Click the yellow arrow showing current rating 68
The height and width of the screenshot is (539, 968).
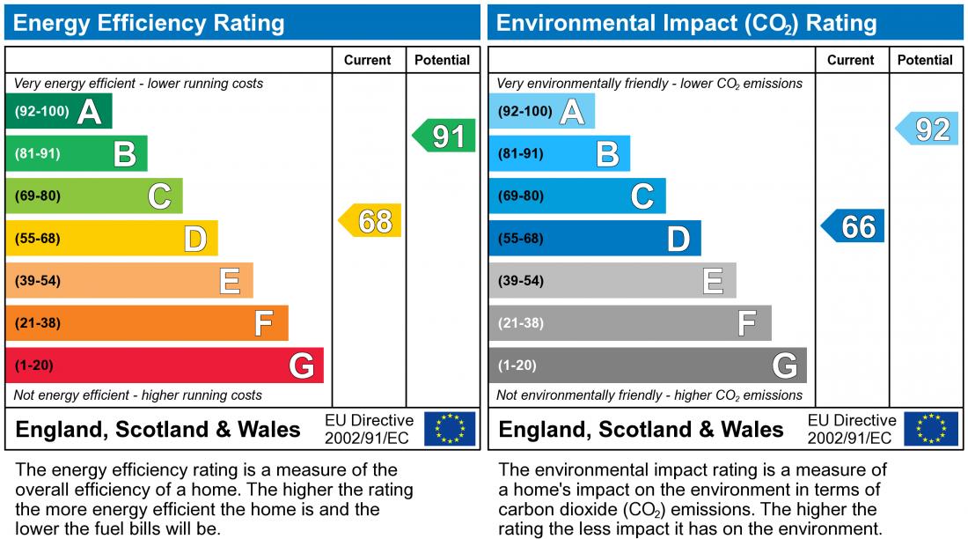370,220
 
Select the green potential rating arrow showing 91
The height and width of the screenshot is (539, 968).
444,137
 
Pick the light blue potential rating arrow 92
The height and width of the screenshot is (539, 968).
928,129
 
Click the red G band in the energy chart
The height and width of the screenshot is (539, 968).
165,365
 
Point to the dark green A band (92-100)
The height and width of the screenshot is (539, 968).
59,112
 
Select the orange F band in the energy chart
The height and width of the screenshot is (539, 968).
147,323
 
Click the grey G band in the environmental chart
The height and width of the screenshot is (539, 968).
648,365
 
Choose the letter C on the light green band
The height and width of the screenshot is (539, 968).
159,196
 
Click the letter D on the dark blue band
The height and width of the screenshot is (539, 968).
678,239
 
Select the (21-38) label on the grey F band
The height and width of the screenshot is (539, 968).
521,323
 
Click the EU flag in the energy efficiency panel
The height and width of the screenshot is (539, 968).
450,429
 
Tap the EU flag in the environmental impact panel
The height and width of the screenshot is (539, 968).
933,429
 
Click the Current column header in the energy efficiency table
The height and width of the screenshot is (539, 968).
368,60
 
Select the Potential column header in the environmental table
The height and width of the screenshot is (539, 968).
925,60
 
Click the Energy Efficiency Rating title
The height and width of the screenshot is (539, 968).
150,23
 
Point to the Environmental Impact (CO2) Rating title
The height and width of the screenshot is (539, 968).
686,23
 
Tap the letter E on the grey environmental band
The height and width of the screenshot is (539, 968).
713,281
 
